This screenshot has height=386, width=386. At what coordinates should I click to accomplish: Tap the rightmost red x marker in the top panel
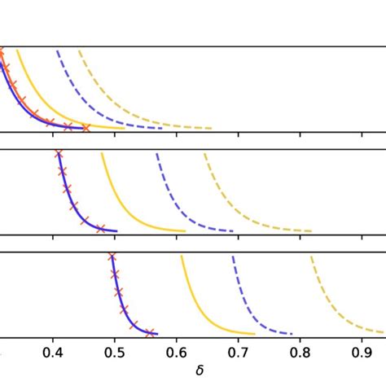tap(86, 127)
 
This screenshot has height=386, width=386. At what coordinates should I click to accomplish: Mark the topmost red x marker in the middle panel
tap(58, 154)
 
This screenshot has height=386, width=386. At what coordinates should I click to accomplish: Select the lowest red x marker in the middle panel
tap(101, 229)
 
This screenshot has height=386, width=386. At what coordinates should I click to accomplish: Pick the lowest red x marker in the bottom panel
tap(150, 332)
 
